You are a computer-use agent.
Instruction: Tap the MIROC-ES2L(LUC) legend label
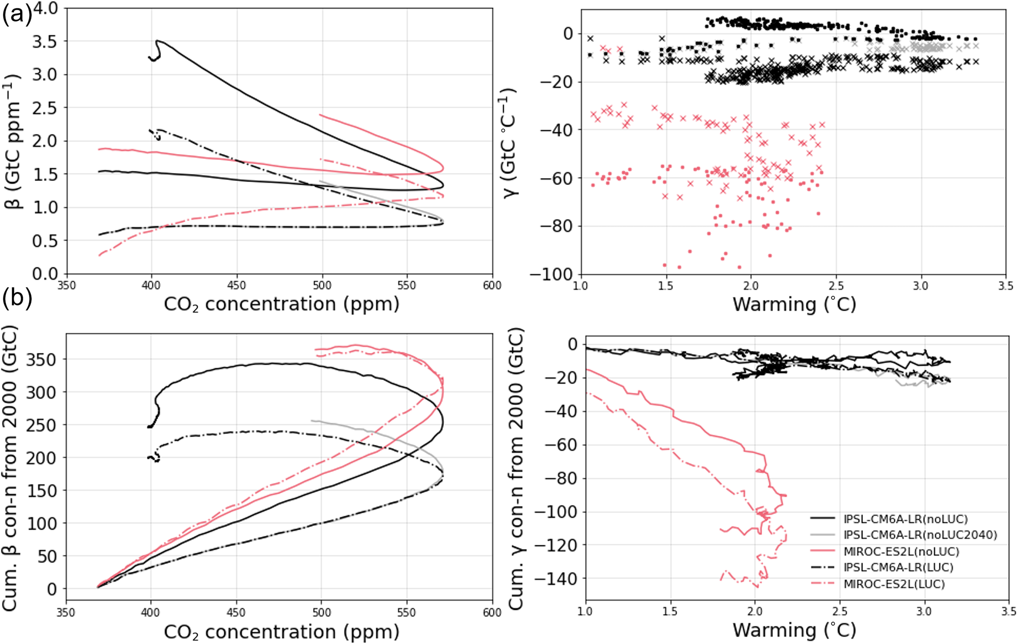tap(894, 584)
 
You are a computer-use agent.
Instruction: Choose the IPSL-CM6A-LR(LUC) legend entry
tap(898, 567)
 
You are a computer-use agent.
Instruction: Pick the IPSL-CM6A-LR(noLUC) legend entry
tap(898, 519)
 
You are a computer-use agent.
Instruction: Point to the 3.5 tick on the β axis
tap(45, 41)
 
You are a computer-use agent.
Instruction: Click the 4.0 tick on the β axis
tap(45, 8)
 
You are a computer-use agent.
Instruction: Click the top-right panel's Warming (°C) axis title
tap(794, 304)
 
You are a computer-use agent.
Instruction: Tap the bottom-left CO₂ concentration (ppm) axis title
tap(281, 632)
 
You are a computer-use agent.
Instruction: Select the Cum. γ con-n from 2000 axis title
tap(516, 469)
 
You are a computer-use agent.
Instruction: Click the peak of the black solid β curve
tap(157, 41)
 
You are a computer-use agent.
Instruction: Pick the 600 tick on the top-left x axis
tap(492, 286)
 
